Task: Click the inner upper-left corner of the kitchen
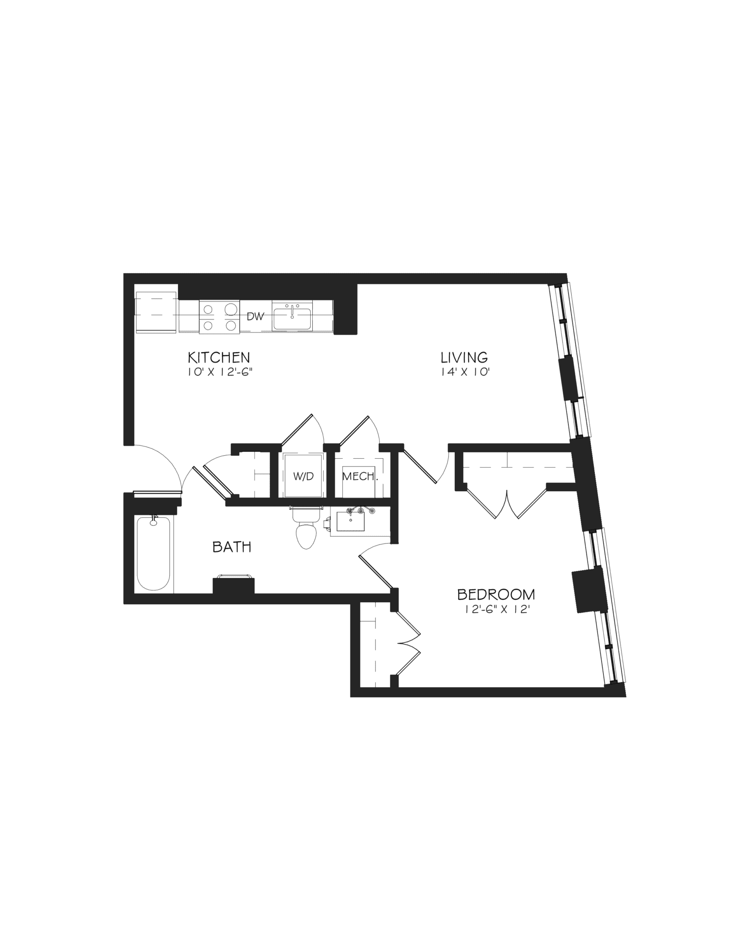[135, 285]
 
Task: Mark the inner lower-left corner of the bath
[135, 593]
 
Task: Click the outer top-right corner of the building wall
[566, 273]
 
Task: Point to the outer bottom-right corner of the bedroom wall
[626, 696]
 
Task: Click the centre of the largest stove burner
[231, 309]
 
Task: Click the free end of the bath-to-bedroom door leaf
[360, 555]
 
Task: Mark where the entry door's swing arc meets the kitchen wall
[134, 445]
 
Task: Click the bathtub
[154, 553]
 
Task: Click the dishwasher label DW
[256, 317]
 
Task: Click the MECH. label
[360, 476]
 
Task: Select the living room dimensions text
[464, 373]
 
